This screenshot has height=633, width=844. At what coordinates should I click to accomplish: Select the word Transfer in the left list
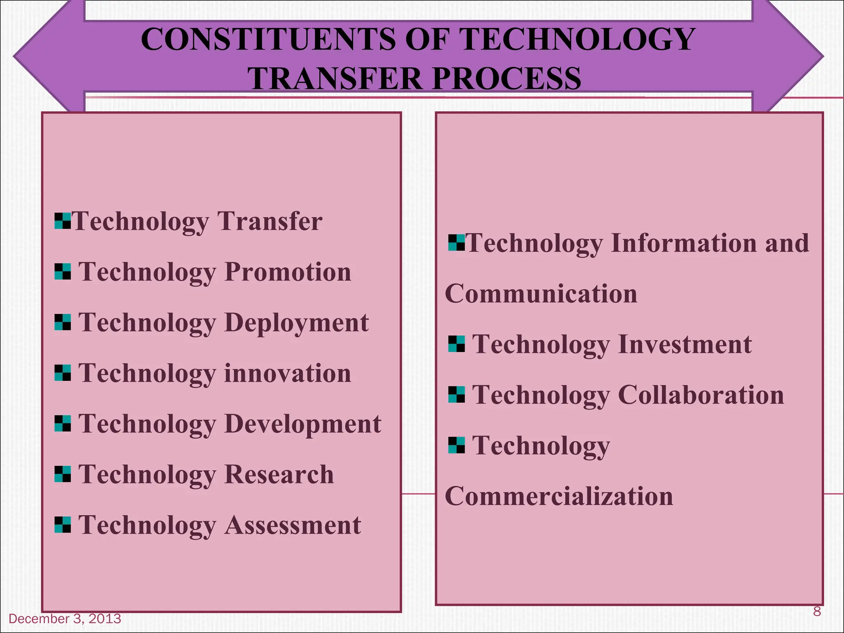click(270, 221)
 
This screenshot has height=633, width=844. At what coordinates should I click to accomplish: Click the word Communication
click(541, 294)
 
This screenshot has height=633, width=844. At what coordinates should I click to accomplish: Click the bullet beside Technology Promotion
click(63, 272)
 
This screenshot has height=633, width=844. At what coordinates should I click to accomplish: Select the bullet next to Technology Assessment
click(63, 525)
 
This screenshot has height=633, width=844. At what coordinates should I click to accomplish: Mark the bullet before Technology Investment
click(456, 344)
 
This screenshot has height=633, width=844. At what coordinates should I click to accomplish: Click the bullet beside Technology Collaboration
click(456, 395)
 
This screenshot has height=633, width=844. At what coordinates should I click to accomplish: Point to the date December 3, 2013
click(65, 619)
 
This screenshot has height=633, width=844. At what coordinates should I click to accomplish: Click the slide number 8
click(817, 611)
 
